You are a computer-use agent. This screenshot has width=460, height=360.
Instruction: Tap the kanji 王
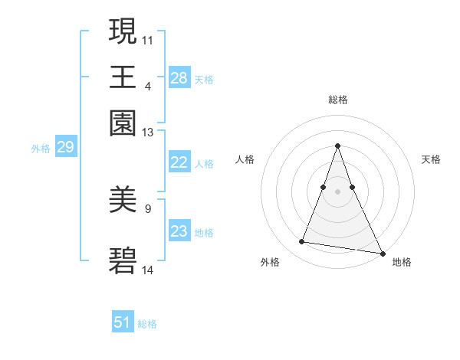[123, 77]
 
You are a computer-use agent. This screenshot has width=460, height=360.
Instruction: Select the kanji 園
[123, 123]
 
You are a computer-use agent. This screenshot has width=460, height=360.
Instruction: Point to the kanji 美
[123, 200]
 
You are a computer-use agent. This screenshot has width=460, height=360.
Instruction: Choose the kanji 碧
[123, 261]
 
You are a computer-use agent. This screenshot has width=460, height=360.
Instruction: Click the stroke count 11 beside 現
[148, 39]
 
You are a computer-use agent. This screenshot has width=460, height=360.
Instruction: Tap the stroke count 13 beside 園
[148, 133]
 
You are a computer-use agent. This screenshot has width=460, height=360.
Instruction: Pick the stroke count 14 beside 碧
[148, 270]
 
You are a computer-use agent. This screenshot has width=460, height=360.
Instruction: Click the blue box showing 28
[179, 77]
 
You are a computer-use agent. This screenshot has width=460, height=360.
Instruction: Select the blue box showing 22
[179, 162]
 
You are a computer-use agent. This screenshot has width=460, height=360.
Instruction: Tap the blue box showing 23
[179, 231]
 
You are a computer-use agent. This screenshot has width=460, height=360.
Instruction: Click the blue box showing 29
[65, 147]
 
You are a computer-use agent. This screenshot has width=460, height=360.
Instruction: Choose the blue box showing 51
[123, 322]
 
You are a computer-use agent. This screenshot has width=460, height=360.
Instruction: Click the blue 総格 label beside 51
[147, 324]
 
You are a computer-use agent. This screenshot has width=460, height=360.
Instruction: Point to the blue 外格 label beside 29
[41, 149]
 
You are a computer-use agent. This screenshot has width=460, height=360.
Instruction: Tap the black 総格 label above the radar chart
[338, 100]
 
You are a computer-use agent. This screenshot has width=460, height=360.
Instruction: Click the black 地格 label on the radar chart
[402, 262]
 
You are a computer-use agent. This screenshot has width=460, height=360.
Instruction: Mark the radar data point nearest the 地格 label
[382, 253]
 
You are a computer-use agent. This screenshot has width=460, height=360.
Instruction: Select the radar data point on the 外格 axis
[302, 242]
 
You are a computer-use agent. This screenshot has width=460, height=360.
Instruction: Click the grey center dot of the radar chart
[338, 191]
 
